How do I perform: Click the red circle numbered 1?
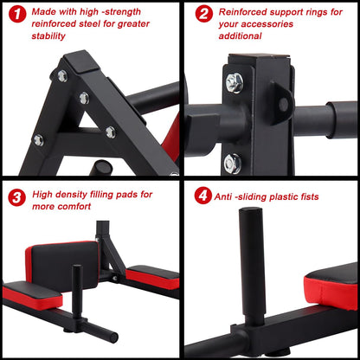pyautogui.click(x=15, y=15)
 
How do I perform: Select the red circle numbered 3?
pyautogui.click(x=15, y=198)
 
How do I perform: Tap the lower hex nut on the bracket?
pyautogui.click(x=233, y=159)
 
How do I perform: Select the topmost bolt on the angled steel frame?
pyautogui.click(x=61, y=76)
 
